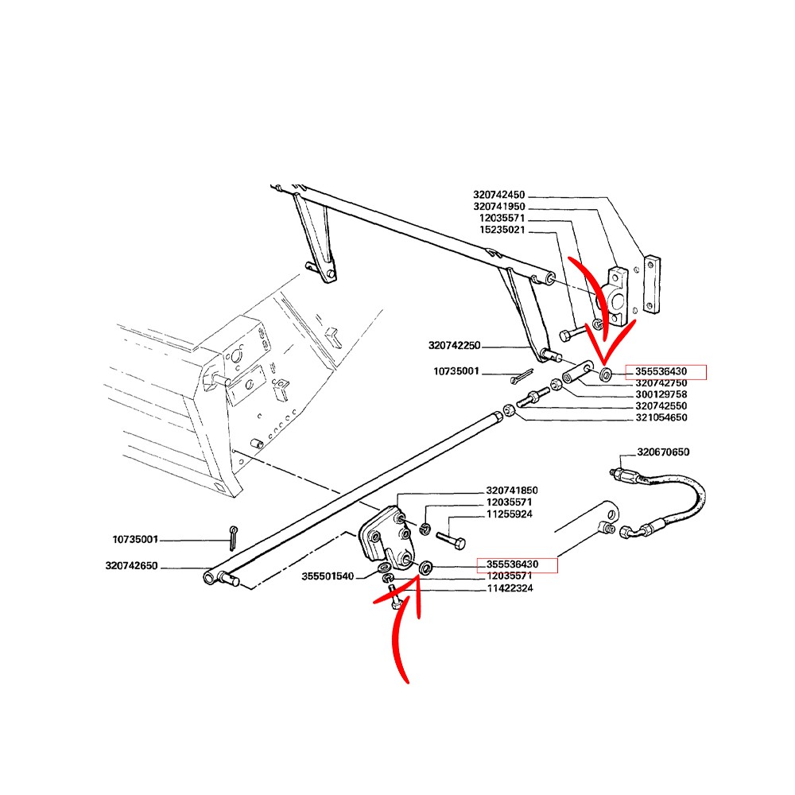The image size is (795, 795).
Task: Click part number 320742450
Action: (499, 196)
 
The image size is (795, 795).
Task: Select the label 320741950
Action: (499, 207)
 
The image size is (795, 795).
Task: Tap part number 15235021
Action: (502, 231)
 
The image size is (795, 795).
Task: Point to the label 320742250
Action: (454, 346)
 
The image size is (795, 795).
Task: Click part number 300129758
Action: (661, 394)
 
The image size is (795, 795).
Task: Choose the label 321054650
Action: (661, 418)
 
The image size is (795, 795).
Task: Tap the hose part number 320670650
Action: (663, 452)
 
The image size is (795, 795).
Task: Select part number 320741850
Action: (512, 491)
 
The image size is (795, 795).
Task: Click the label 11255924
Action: (510, 514)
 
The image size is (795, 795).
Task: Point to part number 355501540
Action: (328, 576)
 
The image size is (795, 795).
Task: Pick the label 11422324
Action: (510, 588)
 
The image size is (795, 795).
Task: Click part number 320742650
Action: (131, 566)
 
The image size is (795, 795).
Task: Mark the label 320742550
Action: (661, 406)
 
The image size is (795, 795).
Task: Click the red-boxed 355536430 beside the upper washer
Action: (661, 371)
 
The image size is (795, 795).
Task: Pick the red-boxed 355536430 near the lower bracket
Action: (512, 564)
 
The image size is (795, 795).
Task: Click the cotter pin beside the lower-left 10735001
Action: (233, 538)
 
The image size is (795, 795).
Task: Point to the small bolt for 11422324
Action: (394, 597)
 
